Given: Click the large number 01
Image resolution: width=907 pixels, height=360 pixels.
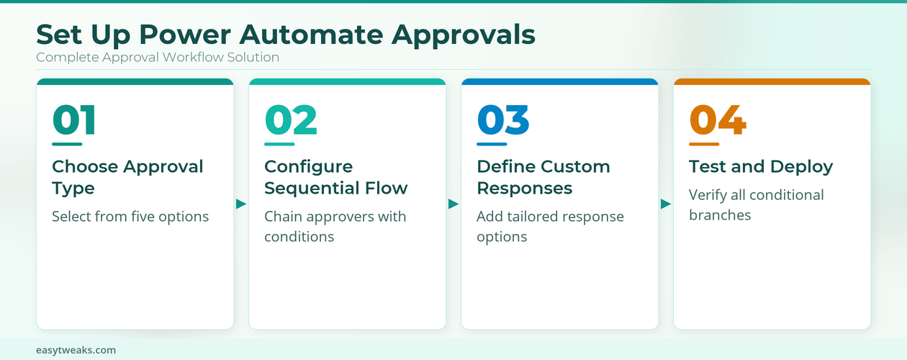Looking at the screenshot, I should pos(74,120).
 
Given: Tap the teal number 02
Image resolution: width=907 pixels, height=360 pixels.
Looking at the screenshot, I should pos(291,120).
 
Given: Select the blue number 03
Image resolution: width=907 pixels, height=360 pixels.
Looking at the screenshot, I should pos(503,120).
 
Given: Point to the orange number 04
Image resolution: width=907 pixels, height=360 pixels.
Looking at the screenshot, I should pos(718,120).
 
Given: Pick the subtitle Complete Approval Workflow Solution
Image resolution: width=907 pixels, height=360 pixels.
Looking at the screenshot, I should pos(158,57).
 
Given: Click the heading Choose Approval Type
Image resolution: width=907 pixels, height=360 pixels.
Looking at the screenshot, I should pos(127,177).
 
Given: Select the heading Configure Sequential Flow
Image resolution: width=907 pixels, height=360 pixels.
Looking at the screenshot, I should pos(335,177).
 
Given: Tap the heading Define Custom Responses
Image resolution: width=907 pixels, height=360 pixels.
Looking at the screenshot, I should pos(543,177).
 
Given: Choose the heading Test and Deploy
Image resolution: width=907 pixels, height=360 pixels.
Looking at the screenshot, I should pos(761,166).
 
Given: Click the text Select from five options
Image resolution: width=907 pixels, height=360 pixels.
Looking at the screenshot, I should pos(130,216).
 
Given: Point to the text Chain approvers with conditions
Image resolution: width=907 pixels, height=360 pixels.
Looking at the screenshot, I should pos(335,226).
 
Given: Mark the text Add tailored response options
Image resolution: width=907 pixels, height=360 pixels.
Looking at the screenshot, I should pos(550,226).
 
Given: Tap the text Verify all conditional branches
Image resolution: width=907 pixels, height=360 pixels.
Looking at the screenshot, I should pos(757,204).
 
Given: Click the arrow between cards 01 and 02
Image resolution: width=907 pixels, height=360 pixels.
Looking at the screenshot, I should pos(241,204).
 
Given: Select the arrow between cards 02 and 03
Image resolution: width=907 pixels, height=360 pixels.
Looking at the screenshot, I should pos(453,204).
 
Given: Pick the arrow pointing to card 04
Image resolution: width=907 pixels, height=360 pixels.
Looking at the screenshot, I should pos(666,204).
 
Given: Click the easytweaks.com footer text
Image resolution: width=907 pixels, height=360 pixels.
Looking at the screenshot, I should pos(76,350).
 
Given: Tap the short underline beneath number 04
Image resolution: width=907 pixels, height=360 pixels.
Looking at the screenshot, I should pos(704,144).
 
